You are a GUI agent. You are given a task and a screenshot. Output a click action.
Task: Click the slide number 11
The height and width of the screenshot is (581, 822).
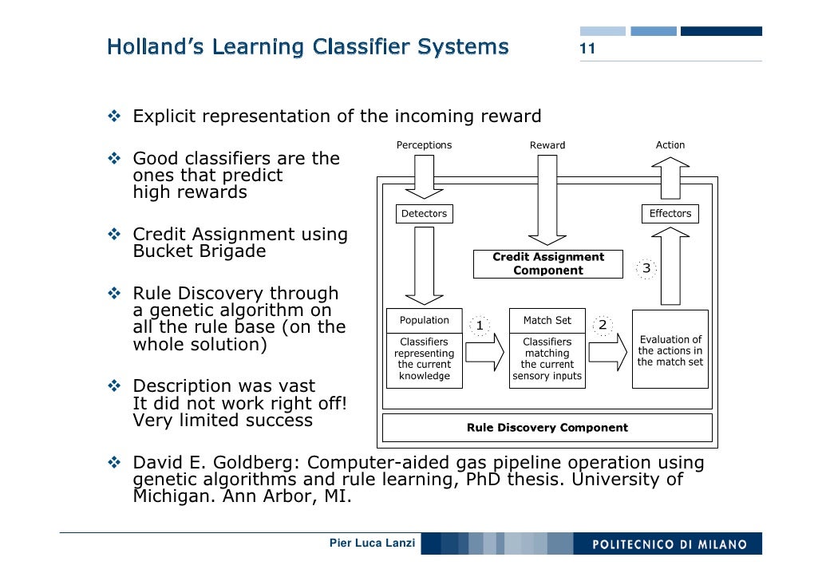[x=587, y=49]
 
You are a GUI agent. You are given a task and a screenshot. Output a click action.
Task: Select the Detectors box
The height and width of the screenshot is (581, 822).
[x=424, y=214]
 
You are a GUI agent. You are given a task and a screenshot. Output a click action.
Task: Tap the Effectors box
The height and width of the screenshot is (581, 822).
[x=670, y=214]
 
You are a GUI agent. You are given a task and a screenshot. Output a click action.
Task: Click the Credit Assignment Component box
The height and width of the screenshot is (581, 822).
[x=547, y=264]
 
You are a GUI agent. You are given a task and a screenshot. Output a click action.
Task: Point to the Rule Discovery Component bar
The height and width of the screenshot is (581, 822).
[x=547, y=428]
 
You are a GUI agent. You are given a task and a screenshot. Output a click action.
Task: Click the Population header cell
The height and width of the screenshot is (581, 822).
[x=424, y=320]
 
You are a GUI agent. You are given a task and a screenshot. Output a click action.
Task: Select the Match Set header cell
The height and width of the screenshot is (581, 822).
[x=547, y=320]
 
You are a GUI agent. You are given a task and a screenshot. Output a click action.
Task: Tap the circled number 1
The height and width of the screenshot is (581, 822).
[x=479, y=326]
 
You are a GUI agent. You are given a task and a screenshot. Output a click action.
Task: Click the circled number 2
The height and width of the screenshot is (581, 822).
[x=603, y=325]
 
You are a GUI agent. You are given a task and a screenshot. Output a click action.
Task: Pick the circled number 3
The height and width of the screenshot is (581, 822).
[x=646, y=269]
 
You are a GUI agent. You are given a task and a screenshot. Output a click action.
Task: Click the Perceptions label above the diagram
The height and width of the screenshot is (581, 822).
[x=424, y=145]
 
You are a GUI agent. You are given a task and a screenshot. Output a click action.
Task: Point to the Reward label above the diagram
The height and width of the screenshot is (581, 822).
[x=547, y=145]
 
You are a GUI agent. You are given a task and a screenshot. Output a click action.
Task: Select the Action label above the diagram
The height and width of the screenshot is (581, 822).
[x=670, y=145]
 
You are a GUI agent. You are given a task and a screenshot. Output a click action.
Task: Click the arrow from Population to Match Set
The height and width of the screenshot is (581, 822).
[x=485, y=352]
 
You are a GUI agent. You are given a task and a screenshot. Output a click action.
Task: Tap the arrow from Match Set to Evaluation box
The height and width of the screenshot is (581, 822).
[x=608, y=352]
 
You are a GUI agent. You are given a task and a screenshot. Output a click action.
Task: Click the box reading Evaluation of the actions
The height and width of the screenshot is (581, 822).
[x=670, y=350]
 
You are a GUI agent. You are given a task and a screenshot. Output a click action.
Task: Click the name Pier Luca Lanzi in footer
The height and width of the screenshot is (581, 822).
[x=372, y=543]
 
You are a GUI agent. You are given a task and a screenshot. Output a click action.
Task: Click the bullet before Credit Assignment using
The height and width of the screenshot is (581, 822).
[x=113, y=235]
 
